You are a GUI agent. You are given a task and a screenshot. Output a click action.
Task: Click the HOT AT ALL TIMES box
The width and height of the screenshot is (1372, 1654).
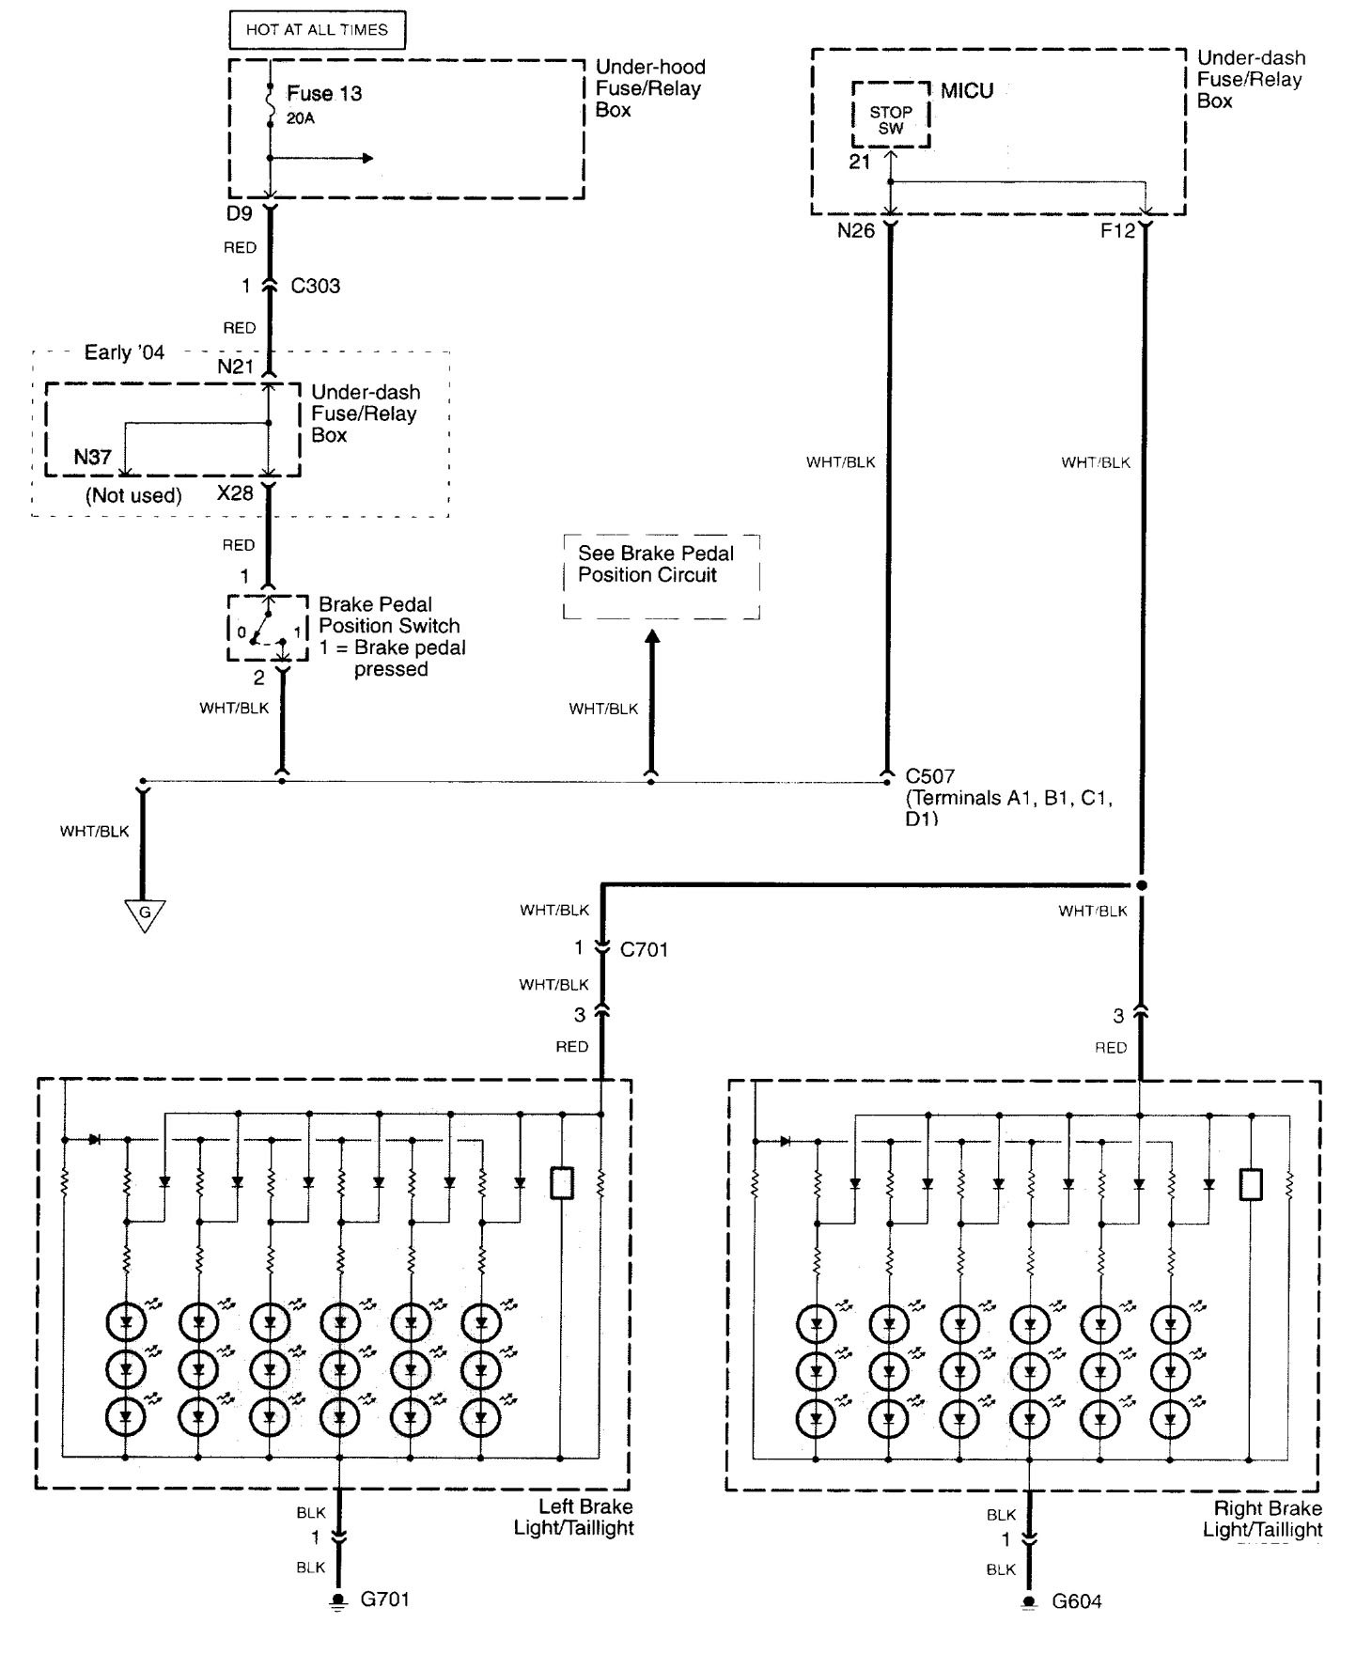pos(317,30)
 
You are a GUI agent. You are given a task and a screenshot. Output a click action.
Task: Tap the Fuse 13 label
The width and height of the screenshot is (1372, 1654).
pos(324,94)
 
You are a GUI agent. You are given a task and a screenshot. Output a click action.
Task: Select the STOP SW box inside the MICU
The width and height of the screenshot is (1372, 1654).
pos(891,120)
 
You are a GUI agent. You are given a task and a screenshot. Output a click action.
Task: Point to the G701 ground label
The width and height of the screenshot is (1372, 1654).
pos(385,1599)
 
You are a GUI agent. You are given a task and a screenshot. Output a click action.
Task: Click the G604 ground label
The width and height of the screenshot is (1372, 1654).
pos(1076,1601)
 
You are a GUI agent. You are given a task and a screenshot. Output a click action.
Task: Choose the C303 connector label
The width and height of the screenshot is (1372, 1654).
pos(315,287)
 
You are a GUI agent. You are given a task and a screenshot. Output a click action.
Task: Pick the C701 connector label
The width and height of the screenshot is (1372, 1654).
pos(644,949)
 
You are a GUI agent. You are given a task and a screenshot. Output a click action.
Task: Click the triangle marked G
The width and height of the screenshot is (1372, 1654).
pos(145,913)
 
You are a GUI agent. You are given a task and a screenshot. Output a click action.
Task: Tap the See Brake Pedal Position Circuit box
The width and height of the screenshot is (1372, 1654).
pos(661,576)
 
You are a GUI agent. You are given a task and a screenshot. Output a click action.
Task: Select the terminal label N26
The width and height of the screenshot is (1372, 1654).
pos(855,230)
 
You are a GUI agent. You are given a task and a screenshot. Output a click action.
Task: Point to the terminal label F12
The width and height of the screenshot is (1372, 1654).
pos(1117,230)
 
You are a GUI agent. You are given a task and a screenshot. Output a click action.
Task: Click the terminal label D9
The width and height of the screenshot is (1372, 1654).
pos(240,214)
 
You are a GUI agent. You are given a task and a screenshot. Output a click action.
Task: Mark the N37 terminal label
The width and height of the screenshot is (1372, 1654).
pos(93,458)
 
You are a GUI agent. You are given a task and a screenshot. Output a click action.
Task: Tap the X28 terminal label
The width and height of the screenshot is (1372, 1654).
pos(235,493)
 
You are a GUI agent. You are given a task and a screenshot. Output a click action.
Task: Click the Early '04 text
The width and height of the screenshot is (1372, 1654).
pos(124,353)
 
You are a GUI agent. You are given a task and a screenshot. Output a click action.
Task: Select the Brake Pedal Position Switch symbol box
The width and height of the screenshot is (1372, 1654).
pos(268,628)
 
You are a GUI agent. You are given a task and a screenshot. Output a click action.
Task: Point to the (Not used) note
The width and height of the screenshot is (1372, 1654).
pos(133,495)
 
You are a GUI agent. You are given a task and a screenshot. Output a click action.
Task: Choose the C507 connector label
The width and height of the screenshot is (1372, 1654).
pos(929,776)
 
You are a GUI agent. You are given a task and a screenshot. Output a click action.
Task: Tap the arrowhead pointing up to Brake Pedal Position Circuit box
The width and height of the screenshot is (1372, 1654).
pos(652,637)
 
